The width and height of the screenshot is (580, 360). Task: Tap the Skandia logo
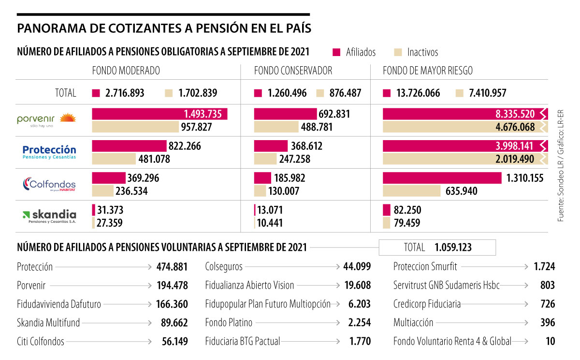[49, 216]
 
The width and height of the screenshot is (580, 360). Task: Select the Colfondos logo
[49, 185]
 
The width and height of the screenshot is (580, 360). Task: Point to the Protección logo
[49, 152]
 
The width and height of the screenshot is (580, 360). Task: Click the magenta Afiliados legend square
[337, 52]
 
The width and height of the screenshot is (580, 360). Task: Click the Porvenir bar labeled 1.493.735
[159, 114]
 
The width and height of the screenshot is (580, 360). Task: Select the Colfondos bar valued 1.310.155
[442, 178]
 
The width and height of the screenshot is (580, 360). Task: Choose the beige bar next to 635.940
[411, 191]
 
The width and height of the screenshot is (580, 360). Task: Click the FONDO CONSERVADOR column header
[293, 71]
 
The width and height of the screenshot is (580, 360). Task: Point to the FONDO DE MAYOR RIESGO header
[427, 71]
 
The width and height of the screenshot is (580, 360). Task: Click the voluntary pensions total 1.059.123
[453, 247]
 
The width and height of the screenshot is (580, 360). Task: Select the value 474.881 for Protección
[172, 267]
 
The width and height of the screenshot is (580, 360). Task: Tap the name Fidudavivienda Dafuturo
[59, 304]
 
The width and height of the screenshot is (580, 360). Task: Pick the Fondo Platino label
[229, 323]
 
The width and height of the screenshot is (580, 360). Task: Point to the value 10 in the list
[550, 342]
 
